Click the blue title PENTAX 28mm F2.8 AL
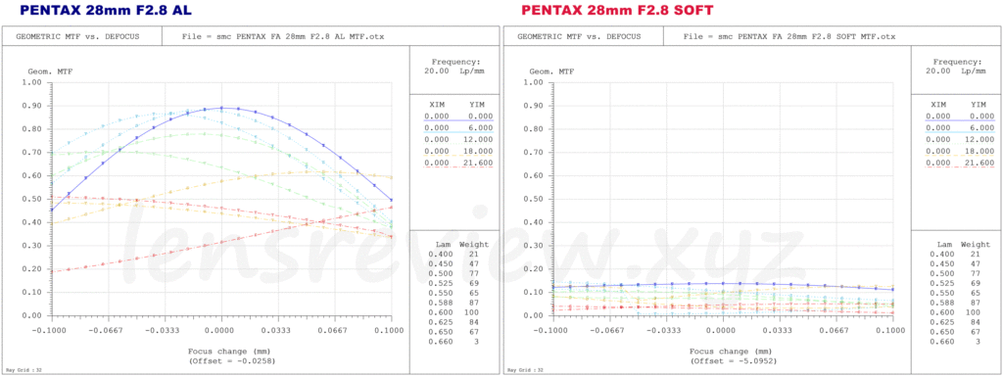(105, 10)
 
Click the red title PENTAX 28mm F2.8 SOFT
(617, 10)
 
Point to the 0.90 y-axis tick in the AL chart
(31, 105)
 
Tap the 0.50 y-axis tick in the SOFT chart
(534, 199)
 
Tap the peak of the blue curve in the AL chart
(222, 108)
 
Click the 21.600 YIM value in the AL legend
(477, 163)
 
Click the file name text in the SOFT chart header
(788, 36)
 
